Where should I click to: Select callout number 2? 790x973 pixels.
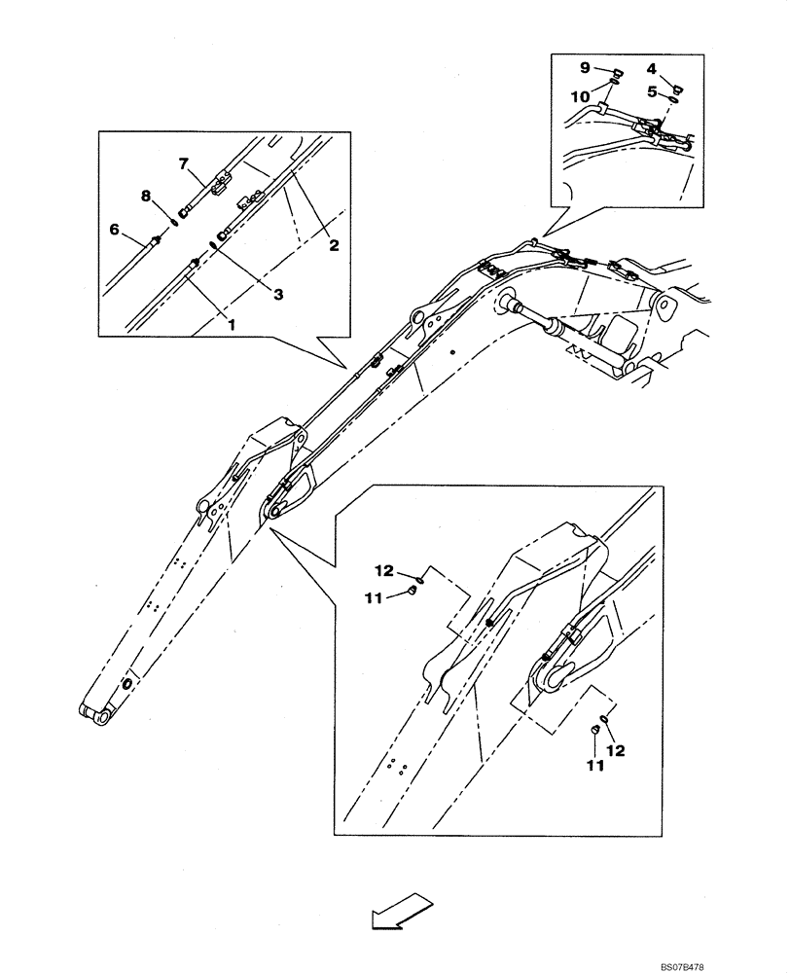333,246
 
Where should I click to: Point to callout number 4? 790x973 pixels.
651,68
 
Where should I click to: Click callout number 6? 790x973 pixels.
114,229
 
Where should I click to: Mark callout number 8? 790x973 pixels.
145,196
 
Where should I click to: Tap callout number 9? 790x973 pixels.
586,67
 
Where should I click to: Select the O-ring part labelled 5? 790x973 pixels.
672,96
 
